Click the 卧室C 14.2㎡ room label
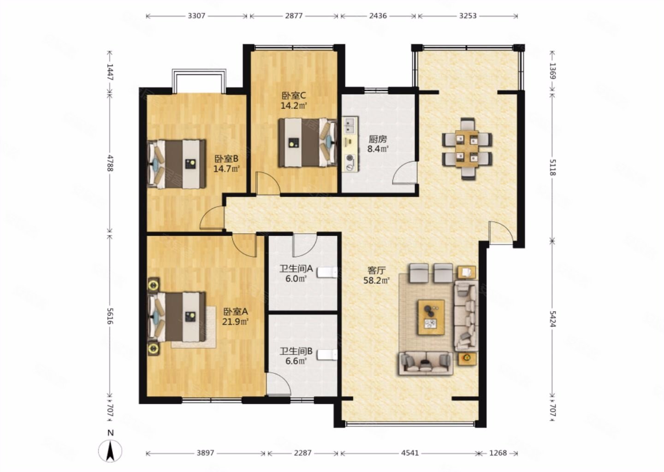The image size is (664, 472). click(x=293, y=101)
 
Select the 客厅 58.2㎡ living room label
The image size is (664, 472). click(x=376, y=275)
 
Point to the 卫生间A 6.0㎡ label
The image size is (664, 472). click(x=296, y=273)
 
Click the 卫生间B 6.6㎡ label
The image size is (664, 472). click(x=296, y=356)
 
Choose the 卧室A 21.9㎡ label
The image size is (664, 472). click(x=235, y=317)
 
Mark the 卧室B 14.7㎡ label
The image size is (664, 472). click(x=226, y=164)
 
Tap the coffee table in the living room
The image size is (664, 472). click(x=431, y=317)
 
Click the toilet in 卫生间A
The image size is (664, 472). click(x=327, y=272)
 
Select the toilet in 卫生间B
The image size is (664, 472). click(x=327, y=354)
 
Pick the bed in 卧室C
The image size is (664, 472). click(x=308, y=143)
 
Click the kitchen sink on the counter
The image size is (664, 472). click(x=350, y=125)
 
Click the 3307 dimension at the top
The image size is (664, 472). click(x=196, y=16)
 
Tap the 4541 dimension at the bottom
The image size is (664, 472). click(x=409, y=453)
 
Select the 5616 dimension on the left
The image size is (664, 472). click(x=110, y=316)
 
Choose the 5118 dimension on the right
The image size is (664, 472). click(x=552, y=167)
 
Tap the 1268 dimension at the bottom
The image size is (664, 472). click(x=498, y=453)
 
